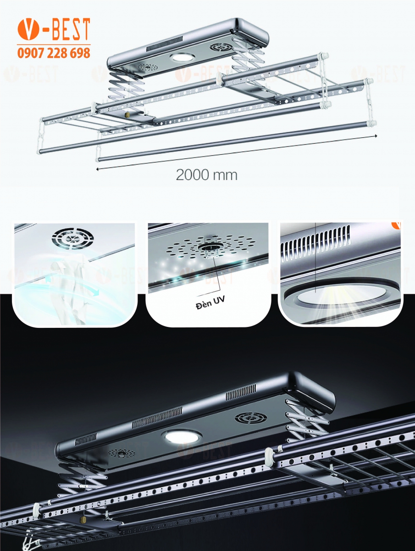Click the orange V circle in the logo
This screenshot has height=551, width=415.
pos(28,29)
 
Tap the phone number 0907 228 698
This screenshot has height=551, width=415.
pos(54,53)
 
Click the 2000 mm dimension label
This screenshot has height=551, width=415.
pos(206,175)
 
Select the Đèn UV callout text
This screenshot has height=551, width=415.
pos(210,303)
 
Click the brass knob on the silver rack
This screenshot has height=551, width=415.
pos(127,115)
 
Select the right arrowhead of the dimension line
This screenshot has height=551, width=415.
pos(376,135)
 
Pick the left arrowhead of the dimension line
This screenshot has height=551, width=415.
pos(98,169)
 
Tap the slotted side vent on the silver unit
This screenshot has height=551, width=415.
pos(165,43)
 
